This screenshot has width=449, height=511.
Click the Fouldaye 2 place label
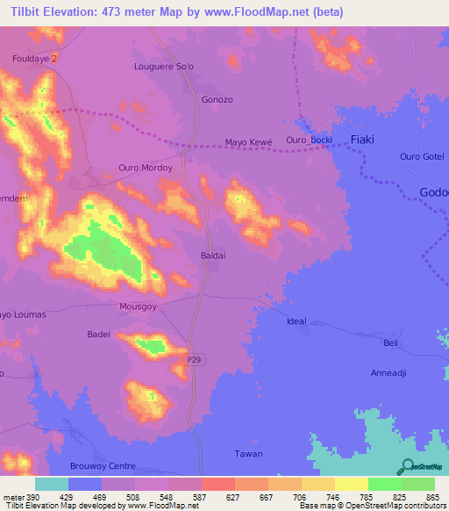[x=35, y=58]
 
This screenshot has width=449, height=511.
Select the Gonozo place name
[x=217, y=100]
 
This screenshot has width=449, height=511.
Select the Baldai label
[x=214, y=256]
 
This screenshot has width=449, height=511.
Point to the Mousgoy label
[x=138, y=307]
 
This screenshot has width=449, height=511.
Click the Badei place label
[x=99, y=335]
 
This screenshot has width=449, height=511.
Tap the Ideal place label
[x=297, y=321]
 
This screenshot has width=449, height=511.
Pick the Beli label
[x=392, y=342]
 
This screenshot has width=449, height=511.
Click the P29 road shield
[x=196, y=361]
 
